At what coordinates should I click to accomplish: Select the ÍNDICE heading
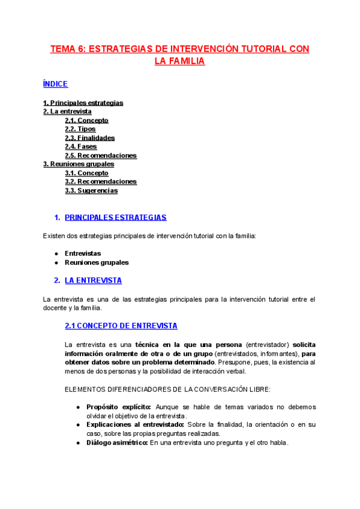[55, 84]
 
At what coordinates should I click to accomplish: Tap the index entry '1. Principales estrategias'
[83, 103]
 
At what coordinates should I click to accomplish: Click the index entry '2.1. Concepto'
[86, 120]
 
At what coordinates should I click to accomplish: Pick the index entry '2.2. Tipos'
[80, 129]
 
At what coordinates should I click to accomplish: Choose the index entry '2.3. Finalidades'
[89, 138]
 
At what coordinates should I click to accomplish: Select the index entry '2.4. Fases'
[80, 146]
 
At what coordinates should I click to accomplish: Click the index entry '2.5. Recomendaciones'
[100, 155]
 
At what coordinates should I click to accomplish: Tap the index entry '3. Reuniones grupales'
[79, 164]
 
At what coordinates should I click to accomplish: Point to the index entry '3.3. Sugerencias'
[91, 191]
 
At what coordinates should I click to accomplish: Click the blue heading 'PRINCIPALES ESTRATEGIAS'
[115, 218]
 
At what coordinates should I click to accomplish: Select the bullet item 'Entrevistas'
[83, 253]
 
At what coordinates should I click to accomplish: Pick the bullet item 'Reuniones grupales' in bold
[97, 262]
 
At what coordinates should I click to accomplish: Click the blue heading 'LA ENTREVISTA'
[93, 280]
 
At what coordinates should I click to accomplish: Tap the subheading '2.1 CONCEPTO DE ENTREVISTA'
[121, 326]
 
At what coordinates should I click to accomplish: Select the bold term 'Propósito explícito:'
[119, 407]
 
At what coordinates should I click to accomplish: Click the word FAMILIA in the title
[185, 61]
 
